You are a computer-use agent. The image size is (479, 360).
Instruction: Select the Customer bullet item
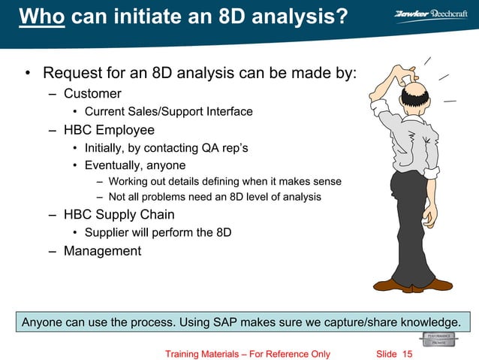click(x=92, y=93)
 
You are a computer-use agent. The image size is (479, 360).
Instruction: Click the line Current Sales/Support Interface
click(x=168, y=112)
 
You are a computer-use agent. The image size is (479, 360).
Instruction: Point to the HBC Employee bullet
click(x=109, y=130)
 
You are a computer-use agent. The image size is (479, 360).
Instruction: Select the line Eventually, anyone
click(x=134, y=165)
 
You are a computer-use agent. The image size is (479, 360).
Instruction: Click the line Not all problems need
click(x=214, y=197)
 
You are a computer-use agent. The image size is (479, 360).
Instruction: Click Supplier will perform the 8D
click(x=158, y=233)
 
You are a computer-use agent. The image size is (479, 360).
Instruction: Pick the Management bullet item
click(x=102, y=251)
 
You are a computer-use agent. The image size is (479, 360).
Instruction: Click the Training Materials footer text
click(x=247, y=354)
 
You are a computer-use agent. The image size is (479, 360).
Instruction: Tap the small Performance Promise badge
click(x=438, y=339)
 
